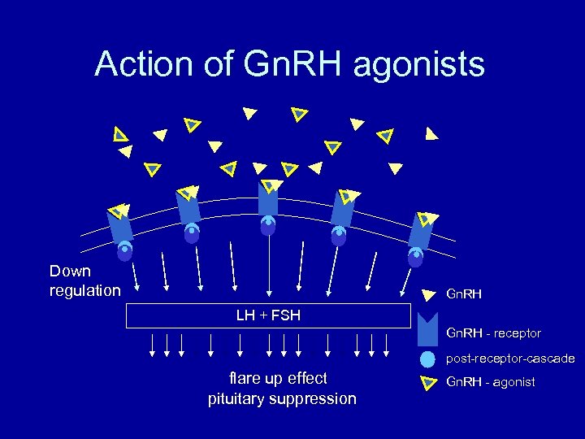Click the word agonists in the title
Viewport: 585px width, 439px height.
pyautogui.click(x=418, y=64)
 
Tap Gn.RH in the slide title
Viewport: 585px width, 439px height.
pyautogui.click(x=290, y=64)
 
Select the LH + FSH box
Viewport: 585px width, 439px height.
pyautogui.click(x=268, y=315)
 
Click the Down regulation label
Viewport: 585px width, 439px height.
pyautogui.click(x=84, y=280)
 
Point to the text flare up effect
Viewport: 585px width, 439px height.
pyautogui.click(x=278, y=378)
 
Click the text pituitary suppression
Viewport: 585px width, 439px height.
pyautogui.click(x=282, y=398)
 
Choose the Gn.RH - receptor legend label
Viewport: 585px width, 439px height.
pyautogui.click(x=493, y=333)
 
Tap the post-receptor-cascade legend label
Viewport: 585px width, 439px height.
pyautogui.click(x=510, y=359)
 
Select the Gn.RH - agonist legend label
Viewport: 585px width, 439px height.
pyautogui.click(x=491, y=382)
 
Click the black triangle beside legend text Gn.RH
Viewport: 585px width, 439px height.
pyautogui.click(x=427, y=296)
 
